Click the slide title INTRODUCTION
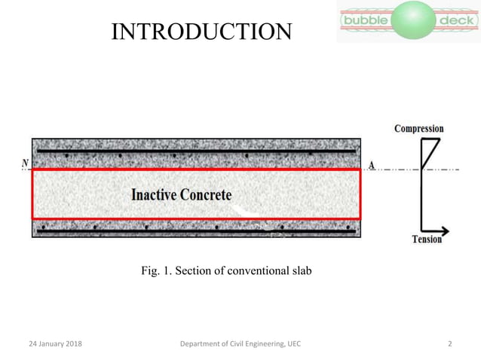click(201, 32)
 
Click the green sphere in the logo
click(412, 20)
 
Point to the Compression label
click(418, 129)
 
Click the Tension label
click(427, 240)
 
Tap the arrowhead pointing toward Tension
click(445, 230)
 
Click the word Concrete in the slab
click(205, 194)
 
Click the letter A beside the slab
click(372, 165)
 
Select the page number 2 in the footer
click(449, 343)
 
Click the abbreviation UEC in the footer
click(293, 343)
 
